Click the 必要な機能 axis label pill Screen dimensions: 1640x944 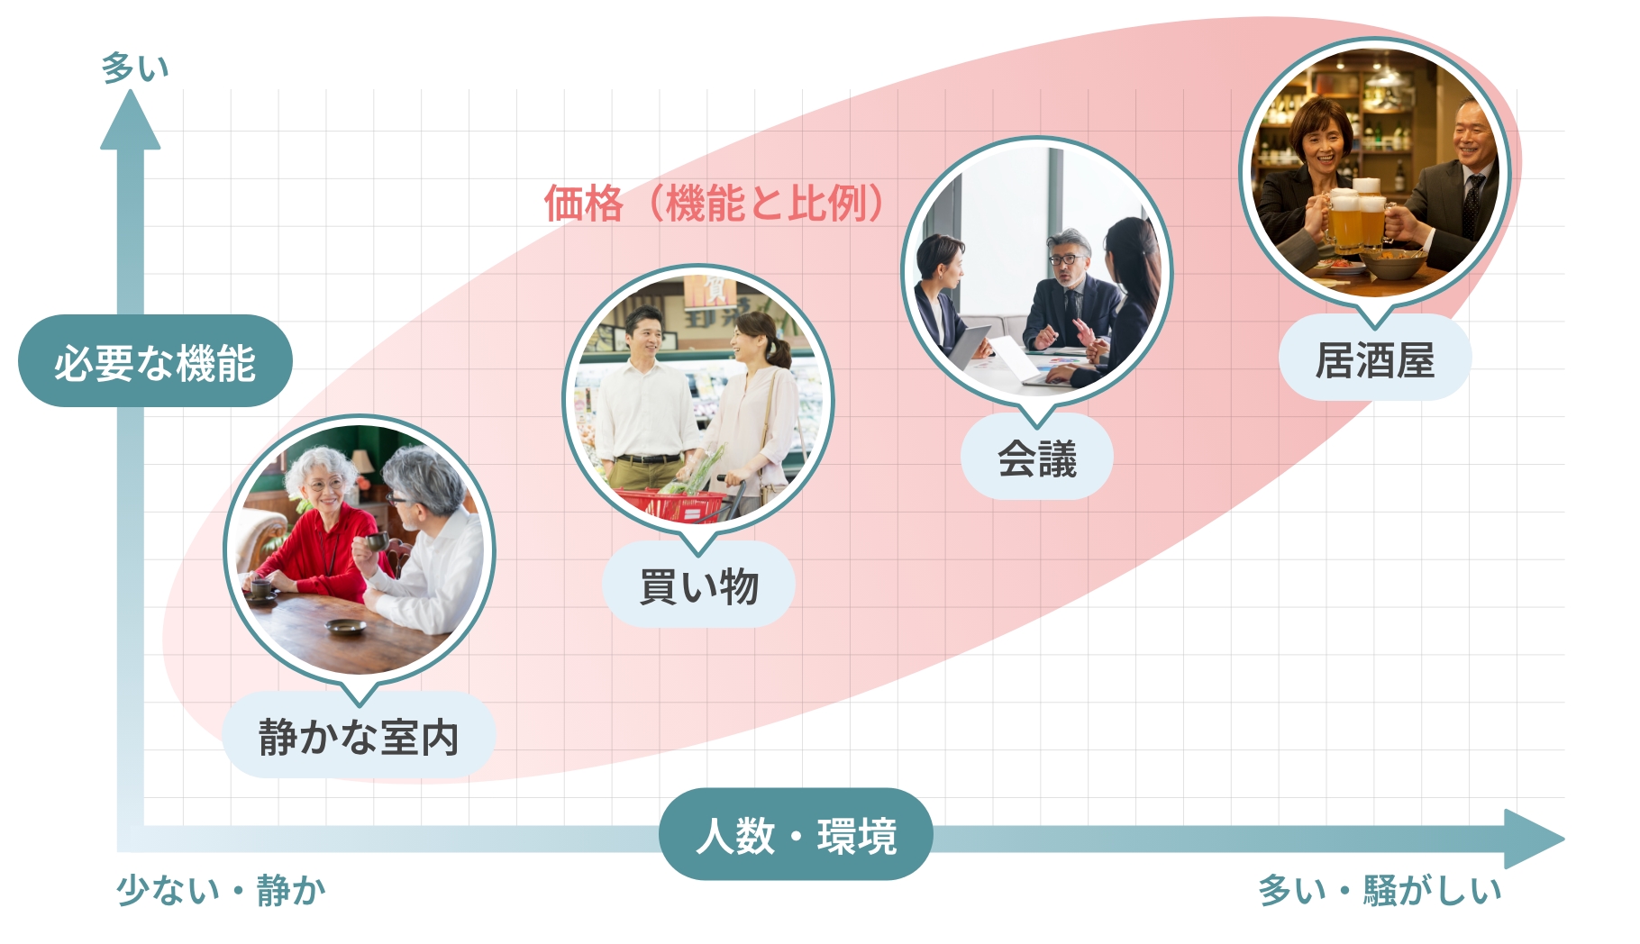coord(155,361)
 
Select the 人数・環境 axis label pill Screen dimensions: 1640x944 coord(796,835)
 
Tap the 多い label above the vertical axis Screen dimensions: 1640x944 coord(135,68)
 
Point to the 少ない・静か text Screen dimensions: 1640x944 coord(222,890)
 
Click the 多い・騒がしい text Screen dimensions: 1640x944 coord(1380,890)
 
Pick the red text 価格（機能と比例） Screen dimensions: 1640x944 coord(715,204)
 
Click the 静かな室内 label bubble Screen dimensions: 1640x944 coord(359,735)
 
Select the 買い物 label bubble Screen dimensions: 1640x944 coord(698,585)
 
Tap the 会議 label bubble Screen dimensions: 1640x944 coord(1037,458)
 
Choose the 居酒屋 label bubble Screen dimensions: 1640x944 coord(1375,359)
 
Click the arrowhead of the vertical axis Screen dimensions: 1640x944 coord(131,121)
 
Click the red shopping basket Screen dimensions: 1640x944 coord(671,504)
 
